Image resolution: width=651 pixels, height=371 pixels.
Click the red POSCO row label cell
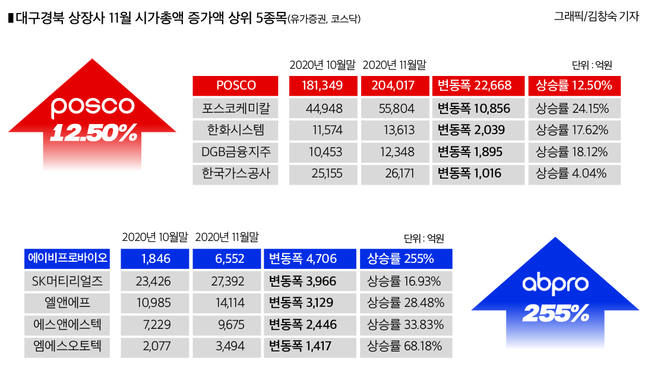tap(236, 85)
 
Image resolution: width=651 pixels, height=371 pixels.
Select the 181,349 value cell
tap(323, 85)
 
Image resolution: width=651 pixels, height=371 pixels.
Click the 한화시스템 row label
tap(236, 130)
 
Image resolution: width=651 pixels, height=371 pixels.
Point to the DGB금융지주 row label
tap(236, 152)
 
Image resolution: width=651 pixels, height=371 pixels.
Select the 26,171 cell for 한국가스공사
tap(395, 174)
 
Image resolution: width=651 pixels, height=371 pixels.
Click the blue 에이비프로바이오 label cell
tap(68, 258)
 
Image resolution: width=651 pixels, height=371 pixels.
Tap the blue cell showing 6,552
tap(226, 258)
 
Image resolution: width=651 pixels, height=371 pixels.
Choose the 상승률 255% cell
tap(406, 258)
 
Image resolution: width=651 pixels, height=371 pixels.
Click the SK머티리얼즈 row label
tap(68, 281)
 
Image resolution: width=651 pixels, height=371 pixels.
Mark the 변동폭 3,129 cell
tap(309, 303)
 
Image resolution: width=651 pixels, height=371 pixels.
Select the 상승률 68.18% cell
tap(406, 346)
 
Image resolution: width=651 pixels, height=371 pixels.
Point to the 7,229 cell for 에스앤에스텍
tap(154, 324)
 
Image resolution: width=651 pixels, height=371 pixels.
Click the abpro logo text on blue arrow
tap(555, 284)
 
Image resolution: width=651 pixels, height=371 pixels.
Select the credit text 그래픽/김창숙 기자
tap(596, 17)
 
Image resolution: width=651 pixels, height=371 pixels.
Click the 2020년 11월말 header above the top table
tap(394, 65)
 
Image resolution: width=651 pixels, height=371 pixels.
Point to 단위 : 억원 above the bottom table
tap(424, 239)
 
